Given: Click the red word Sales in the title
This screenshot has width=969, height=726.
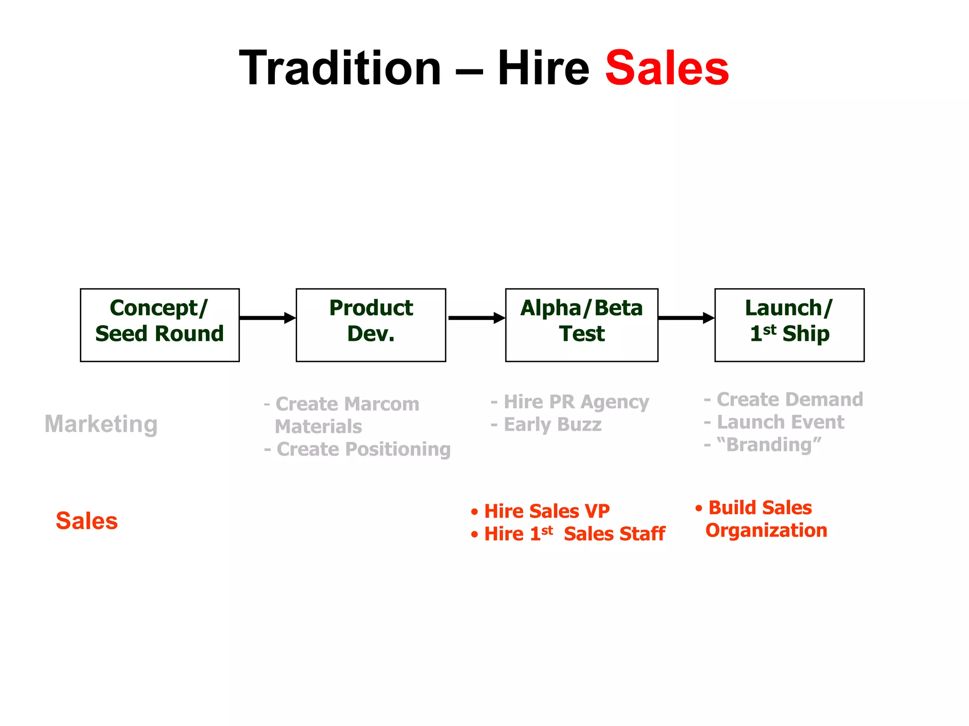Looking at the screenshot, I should click(667, 69).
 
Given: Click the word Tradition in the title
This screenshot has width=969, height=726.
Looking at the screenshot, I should click(340, 69).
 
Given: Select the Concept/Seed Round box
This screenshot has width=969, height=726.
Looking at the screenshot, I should click(160, 325).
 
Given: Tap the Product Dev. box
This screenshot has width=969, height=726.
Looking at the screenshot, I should click(370, 325).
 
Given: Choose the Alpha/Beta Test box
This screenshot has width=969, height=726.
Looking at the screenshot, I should click(581, 325).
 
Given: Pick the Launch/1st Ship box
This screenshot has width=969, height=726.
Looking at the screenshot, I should click(789, 325).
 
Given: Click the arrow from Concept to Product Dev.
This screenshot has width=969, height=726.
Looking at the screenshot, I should click(267, 318).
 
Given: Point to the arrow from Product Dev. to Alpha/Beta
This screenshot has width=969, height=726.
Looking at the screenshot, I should click(476, 318).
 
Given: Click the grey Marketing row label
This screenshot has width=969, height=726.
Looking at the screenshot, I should click(101, 424).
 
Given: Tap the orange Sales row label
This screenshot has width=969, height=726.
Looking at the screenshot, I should click(87, 521).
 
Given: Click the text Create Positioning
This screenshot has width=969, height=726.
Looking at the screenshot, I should click(363, 449).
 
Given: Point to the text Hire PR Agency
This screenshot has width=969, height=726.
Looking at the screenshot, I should click(576, 402).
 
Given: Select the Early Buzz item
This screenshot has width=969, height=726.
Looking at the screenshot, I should click(552, 424).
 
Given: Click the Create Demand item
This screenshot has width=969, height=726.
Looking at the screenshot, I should click(789, 399).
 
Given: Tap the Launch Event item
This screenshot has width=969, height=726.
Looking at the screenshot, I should click(780, 422).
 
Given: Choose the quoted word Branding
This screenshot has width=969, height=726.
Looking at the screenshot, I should click(769, 445).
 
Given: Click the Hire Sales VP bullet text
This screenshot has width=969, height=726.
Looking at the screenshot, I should click(546, 511).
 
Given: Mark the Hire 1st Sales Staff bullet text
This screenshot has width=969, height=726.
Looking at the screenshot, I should click(574, 534).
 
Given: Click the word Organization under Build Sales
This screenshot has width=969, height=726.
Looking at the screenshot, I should click(766, 530).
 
